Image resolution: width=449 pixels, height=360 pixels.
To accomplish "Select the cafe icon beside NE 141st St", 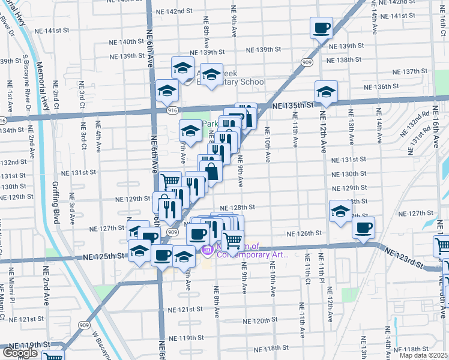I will tap(321, 27).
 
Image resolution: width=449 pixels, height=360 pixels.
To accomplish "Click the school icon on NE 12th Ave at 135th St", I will tap(326, 91).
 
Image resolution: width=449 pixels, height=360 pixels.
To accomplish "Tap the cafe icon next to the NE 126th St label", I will tap(363, 227).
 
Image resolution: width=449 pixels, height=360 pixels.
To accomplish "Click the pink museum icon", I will tap(208, 250).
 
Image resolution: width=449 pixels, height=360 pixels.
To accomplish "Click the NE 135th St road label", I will tap(293, 106).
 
